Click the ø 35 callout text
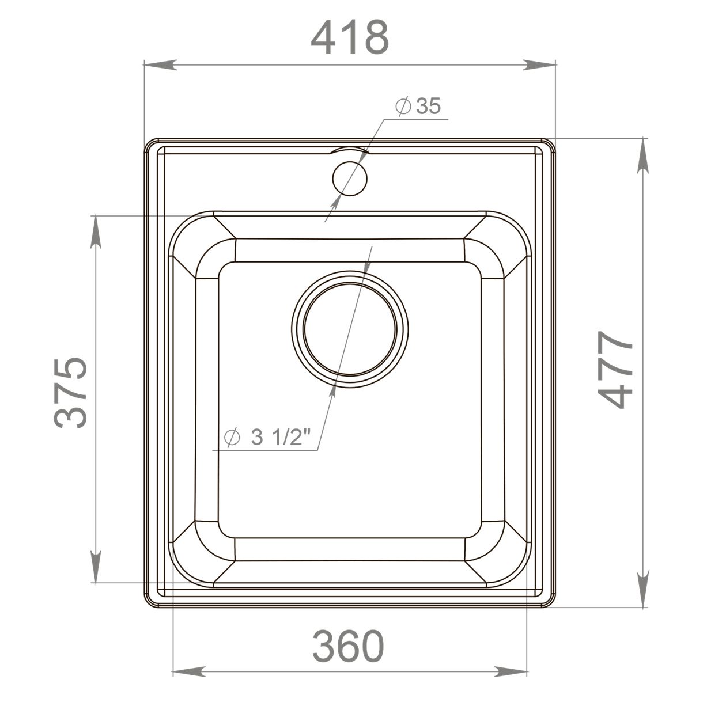click(x=418, y=107)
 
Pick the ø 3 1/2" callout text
click(x=267, y=437)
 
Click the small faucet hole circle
click(x=350, y=178)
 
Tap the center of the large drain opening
click(x=350, y=329)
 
